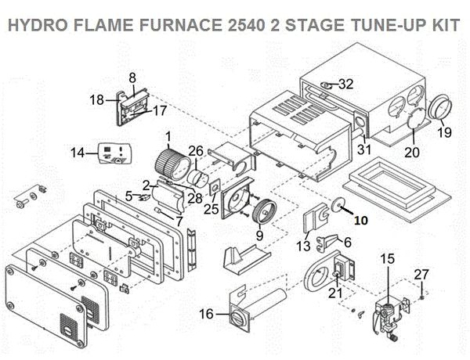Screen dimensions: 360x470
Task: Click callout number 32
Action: (x=346, y=85)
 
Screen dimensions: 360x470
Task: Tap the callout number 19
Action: (x=444, y=133)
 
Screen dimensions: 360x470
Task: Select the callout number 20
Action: (x=413, y=153)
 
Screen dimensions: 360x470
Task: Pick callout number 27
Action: (x=421, y=274)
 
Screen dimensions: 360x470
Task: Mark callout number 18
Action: (x=96, y=99)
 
